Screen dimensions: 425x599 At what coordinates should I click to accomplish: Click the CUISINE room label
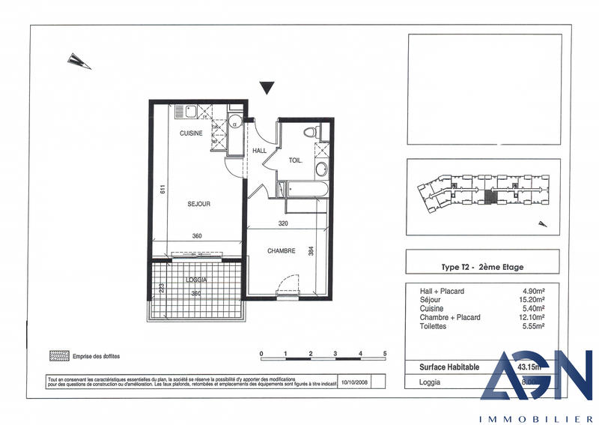(x=191, y=133)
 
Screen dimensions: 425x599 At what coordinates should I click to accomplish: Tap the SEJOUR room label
(x=198, y=204)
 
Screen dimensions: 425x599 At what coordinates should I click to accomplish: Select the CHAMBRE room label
(x=282, y=251)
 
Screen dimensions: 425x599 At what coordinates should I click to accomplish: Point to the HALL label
(x=260, y=151)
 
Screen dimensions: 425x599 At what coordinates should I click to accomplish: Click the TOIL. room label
(x=296, y=160)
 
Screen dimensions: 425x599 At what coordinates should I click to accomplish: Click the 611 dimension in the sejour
(x=160, y=190)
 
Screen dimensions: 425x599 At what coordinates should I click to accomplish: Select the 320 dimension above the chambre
(x=283, y=223)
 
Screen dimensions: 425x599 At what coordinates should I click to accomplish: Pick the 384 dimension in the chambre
(x=311, y=253)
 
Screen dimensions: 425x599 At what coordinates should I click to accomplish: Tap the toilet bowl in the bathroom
(x=312, y=133)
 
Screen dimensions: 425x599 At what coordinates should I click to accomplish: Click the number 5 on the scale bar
(x=385, y=352)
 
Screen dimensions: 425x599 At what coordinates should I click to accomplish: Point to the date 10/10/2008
(x=353, y=381)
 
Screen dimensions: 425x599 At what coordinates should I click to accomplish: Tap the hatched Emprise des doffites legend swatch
(x=58, y=355)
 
